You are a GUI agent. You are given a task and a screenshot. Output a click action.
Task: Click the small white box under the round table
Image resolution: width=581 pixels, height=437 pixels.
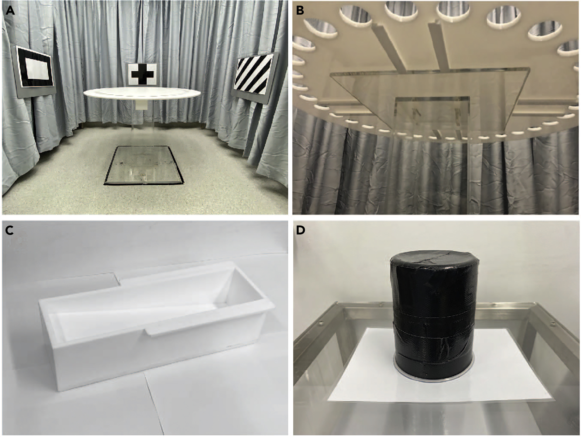[x=142, y=106]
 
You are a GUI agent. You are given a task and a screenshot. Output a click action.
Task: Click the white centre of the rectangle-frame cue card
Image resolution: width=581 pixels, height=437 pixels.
[x=37, y=69]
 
